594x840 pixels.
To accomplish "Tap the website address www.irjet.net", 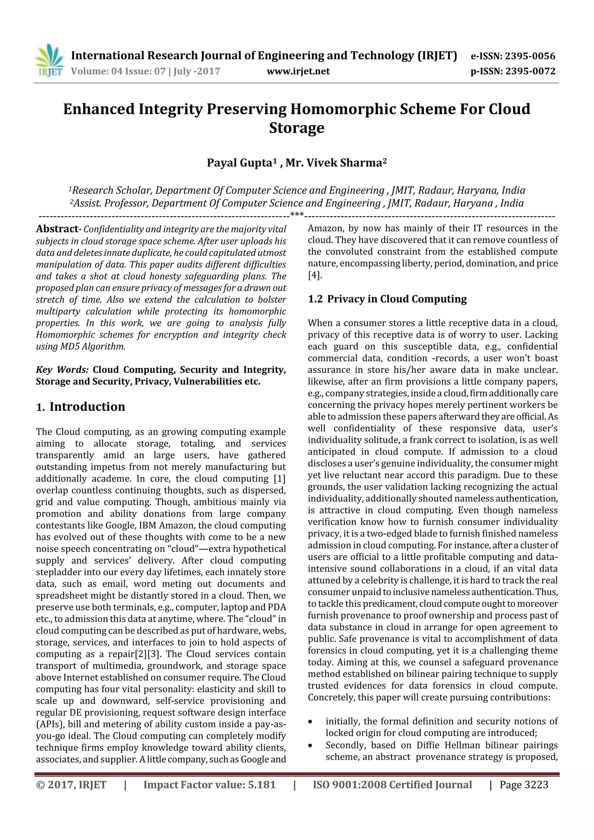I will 298,71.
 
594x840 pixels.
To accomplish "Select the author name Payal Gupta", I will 239,163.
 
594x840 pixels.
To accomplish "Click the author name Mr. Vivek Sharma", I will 334,163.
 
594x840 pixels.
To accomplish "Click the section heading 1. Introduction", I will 81,407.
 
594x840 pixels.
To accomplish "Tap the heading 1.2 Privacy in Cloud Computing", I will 387,299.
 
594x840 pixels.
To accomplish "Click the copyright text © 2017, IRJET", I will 71,784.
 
